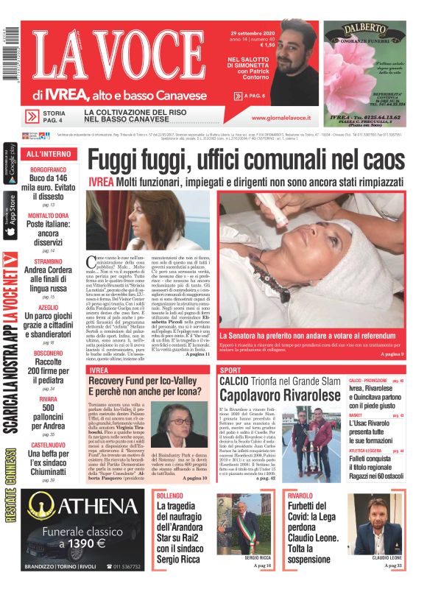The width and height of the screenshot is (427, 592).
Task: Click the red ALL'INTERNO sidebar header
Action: tap(48, 155)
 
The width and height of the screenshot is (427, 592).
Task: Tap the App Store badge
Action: tap(10, 214)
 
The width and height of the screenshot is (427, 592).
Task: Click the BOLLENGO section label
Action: tap(169, 496)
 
